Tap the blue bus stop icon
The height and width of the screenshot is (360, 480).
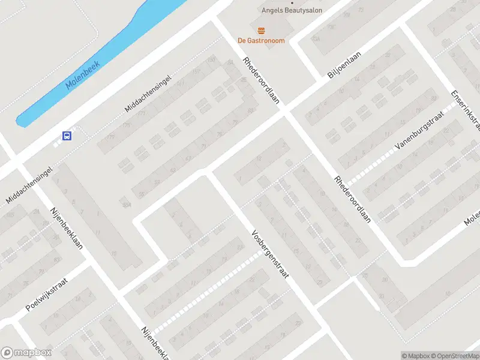[67, 136]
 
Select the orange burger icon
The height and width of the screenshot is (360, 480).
[261, 31]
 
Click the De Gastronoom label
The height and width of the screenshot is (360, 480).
[261, 41]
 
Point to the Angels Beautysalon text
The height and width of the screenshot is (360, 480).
[292, 10]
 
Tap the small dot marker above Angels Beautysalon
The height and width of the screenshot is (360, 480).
[292, 2]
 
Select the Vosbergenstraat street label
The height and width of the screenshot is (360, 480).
[271, 254]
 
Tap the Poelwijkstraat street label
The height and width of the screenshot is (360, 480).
[48, 294]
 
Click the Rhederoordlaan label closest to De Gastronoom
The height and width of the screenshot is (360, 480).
[262, 81]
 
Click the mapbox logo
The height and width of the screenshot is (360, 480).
[26, 353]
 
